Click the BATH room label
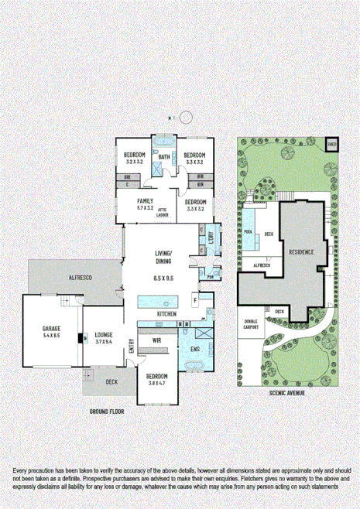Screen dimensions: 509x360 164,158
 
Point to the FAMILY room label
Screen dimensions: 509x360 146,201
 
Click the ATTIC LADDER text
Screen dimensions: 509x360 163,213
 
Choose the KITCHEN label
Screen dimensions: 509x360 167,313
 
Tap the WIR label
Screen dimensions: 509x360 156,340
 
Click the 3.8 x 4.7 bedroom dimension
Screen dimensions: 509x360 157,381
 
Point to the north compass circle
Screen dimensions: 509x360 187,118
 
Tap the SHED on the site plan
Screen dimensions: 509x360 331,144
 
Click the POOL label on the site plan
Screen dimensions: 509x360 249,231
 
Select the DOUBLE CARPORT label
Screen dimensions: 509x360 252,323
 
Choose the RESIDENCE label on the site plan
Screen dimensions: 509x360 302,253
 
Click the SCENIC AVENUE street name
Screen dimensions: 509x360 286,393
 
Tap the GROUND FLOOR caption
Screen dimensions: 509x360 107,412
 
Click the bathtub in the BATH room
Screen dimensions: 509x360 164,142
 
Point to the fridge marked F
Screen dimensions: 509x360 194,298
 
